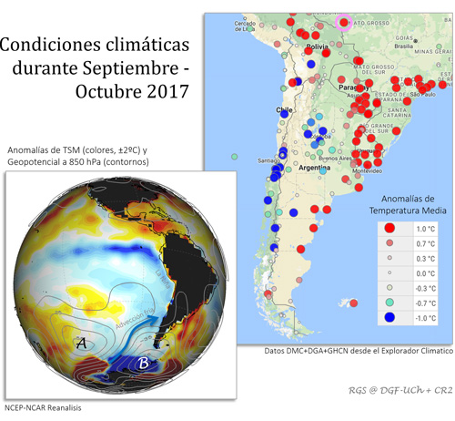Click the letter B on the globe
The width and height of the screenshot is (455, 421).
pos(143,365)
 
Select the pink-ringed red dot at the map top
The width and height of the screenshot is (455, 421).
pos(344,20)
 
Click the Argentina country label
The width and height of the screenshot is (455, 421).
pos(312,170)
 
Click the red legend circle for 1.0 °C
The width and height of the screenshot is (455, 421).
pos(389,229)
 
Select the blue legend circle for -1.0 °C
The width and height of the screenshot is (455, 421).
pos(389,317)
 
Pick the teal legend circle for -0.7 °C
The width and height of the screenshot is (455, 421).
pos(389,302)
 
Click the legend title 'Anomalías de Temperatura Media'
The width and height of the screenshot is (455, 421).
pos(410,205)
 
